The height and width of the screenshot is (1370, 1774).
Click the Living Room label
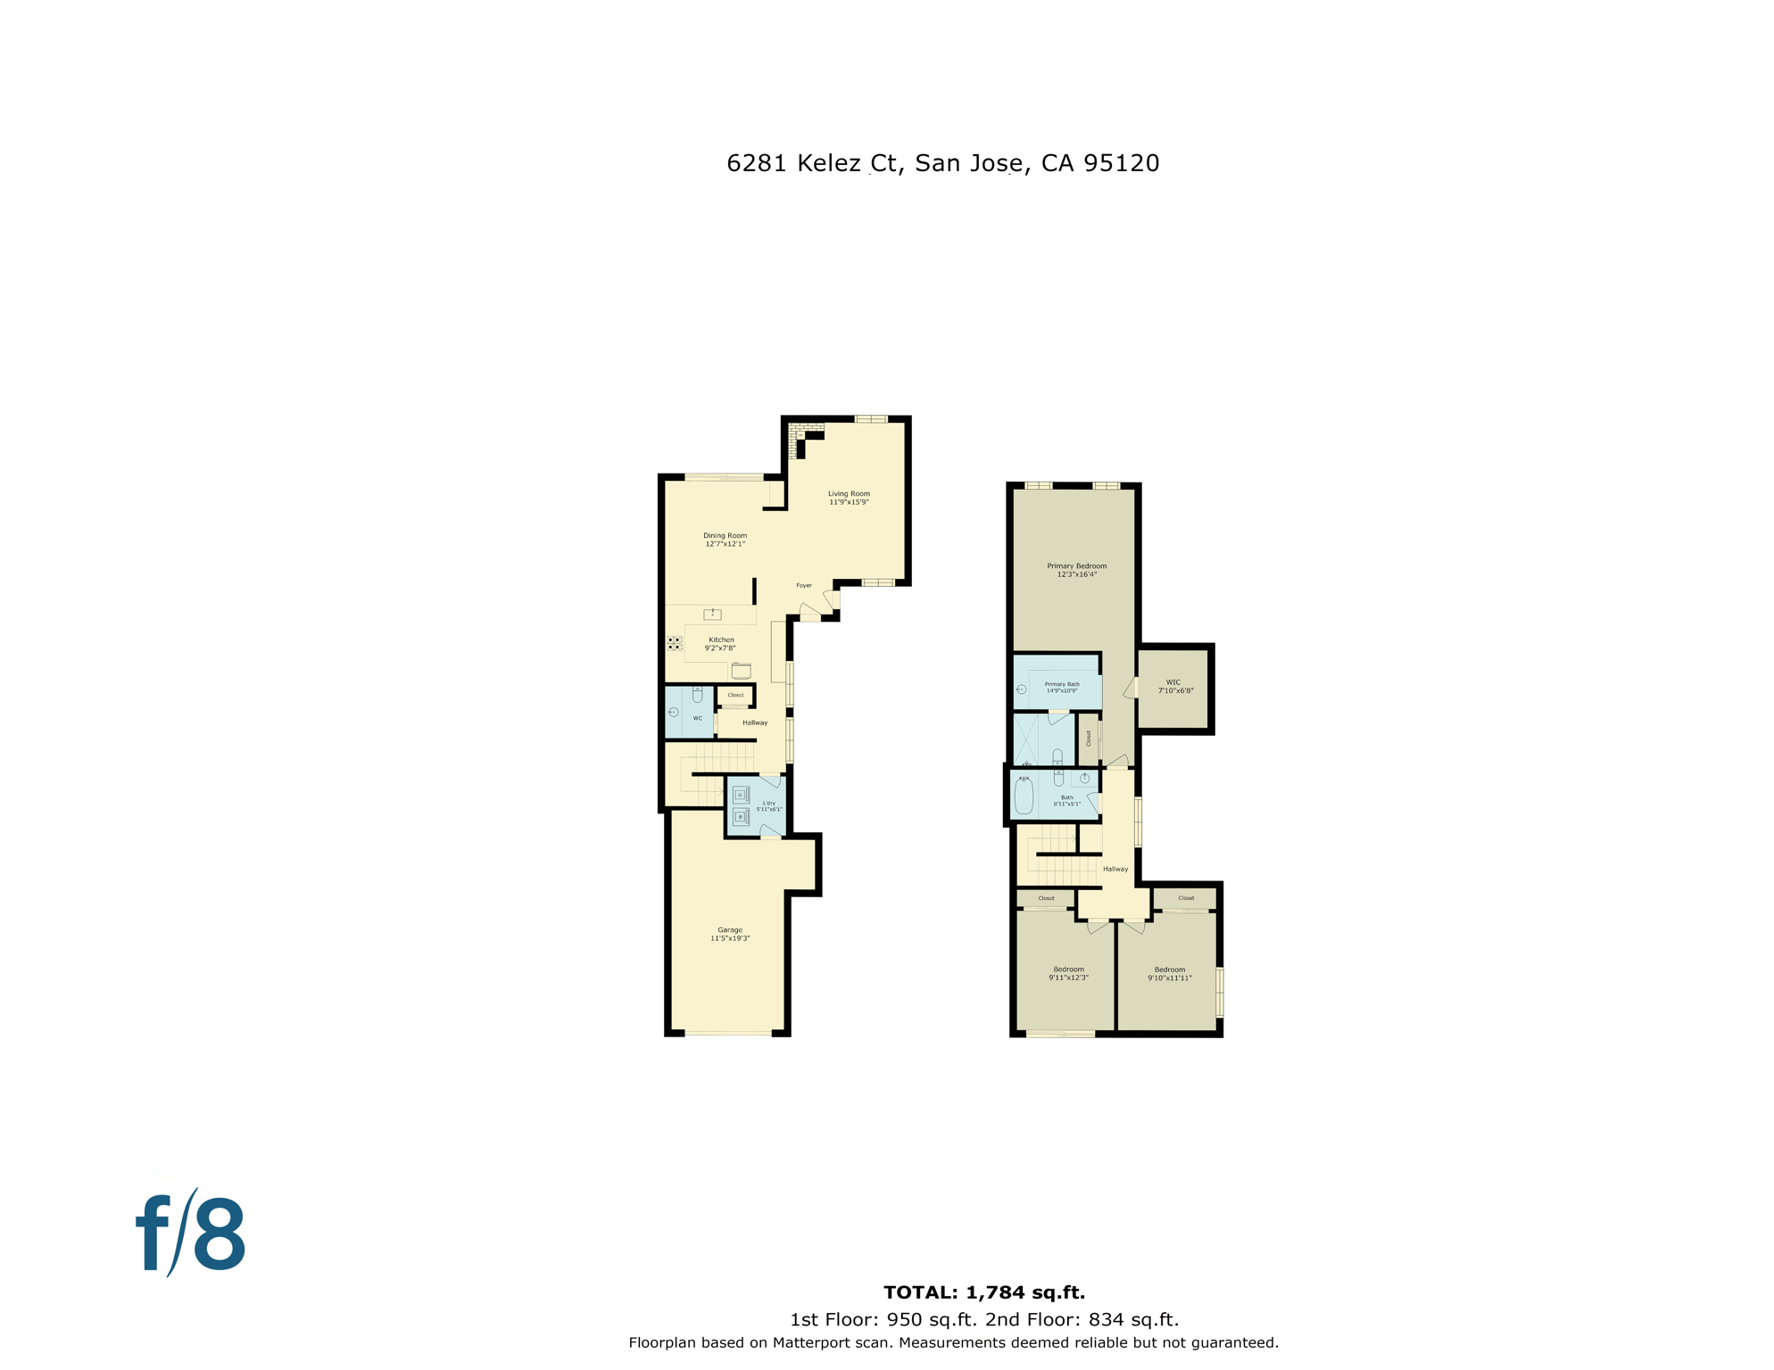(848, 493)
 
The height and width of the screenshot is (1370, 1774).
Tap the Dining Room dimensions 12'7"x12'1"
(725, 544)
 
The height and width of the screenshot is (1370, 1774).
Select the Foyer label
(804, 586)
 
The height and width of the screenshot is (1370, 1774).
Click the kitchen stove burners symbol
(675, 643)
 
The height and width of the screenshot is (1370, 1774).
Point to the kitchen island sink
(712, 615)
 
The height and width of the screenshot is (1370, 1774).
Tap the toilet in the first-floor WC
(697, 694)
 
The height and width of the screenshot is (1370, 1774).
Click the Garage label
(730, 929)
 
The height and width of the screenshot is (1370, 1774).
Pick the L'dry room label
(769, 804)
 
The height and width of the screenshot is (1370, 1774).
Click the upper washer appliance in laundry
(741, 795)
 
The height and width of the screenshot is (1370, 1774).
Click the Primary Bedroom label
(1076, 566)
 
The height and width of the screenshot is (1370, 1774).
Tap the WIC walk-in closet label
(1173, 682)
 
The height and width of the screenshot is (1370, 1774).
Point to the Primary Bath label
(1061, 684)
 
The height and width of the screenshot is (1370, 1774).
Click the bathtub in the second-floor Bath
(1024, 796)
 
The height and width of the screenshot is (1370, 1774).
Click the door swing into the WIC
(1131, 688)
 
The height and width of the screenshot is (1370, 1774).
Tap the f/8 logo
(191, 1234)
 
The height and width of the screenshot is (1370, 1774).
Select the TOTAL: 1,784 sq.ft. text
(983, 1292)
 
